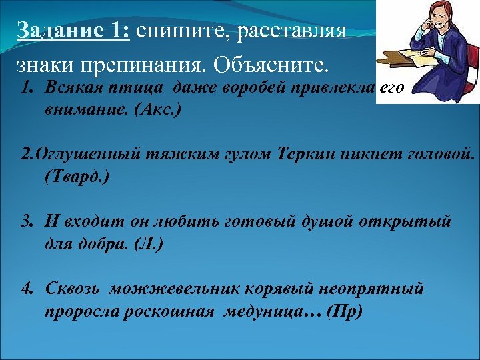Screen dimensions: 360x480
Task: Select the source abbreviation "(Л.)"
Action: [x=147, y=243]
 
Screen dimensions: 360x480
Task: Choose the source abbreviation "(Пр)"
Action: [x=345, y=311]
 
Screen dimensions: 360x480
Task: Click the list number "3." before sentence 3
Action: [x=27, y=220]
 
